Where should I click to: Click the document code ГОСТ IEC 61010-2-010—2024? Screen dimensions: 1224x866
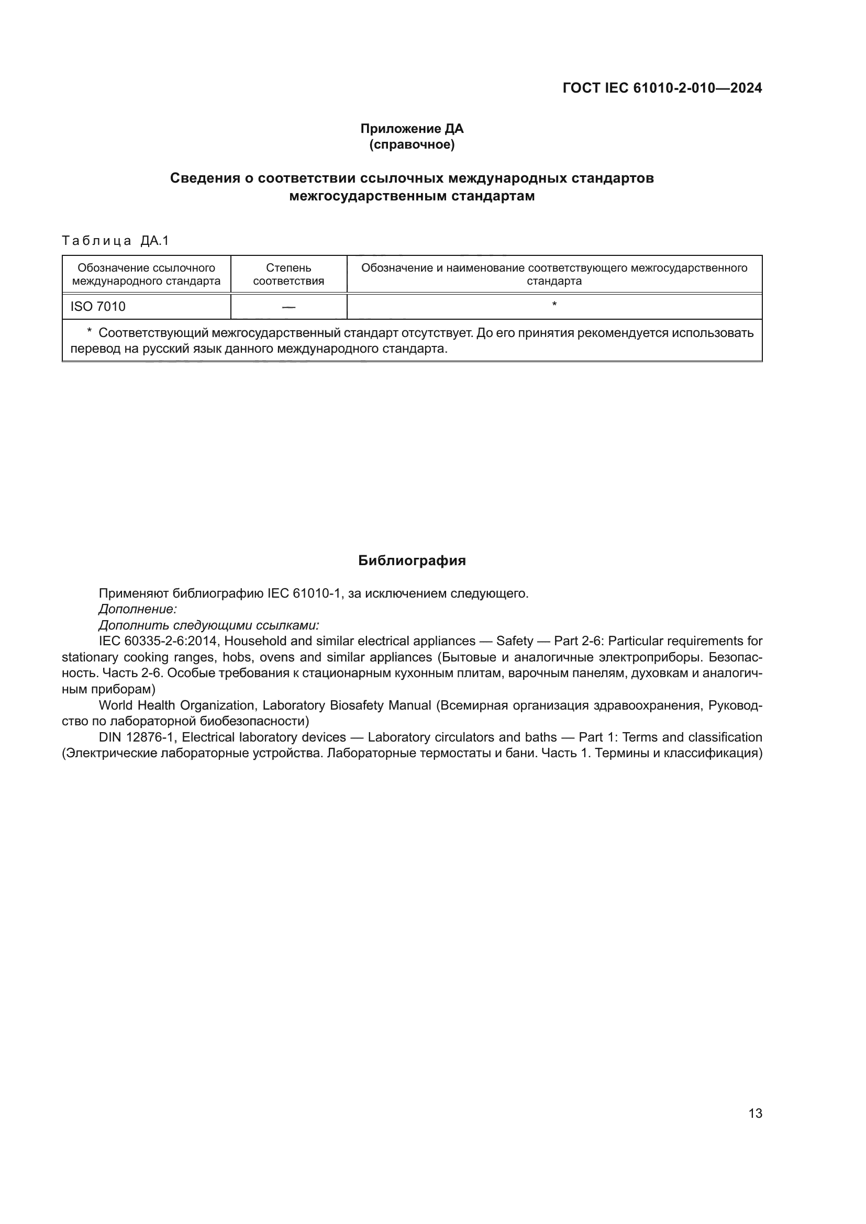(x=662, y=88)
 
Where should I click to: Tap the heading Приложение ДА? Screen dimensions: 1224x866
(x=412, y=129)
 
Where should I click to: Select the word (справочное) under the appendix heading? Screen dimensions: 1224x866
(x=412, y=144)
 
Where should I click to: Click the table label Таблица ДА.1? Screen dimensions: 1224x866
(x=115, y=241)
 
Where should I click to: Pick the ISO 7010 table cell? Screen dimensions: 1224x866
(x=98, y=307)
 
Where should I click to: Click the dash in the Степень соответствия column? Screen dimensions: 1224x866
(x=288, y=307)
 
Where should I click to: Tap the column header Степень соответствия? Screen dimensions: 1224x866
(x=288, y=275)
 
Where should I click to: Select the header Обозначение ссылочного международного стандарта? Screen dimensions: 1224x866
(x=146, y=275)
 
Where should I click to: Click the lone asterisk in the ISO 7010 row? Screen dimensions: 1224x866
(x=554, y=305)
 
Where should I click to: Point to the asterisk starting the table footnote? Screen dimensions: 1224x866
(x=90, y=332)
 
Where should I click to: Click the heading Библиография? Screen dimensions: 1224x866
(x=412, y=560)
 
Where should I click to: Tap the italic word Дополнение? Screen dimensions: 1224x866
(x=138, y=609)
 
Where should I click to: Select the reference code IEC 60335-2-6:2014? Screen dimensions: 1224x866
(x=158, y=641)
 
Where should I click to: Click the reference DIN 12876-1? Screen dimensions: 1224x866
(x=137, y=737)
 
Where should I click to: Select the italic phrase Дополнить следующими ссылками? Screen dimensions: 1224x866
(x=209, y=625)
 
